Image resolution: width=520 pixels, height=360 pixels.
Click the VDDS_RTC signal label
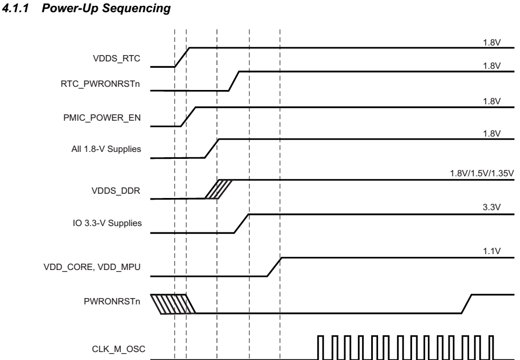tap(116, 59)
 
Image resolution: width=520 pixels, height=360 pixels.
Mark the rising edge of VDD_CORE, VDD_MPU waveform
tap(274, 267)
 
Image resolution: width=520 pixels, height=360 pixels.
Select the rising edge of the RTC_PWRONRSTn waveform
tap(234, 81)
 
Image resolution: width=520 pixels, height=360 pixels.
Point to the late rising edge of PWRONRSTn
tap(466, 303)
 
